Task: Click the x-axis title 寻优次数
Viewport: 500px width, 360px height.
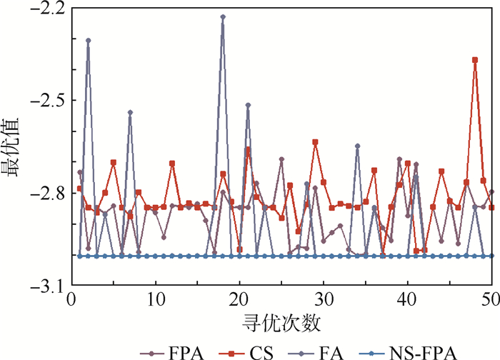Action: coord(281,324)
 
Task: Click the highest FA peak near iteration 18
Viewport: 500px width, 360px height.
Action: coord(223,16)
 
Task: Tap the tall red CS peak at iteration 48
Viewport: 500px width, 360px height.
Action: coord(475,60)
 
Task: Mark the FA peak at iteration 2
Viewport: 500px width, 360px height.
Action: coord(89,41)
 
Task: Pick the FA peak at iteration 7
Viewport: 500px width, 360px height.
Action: coord(130,112)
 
